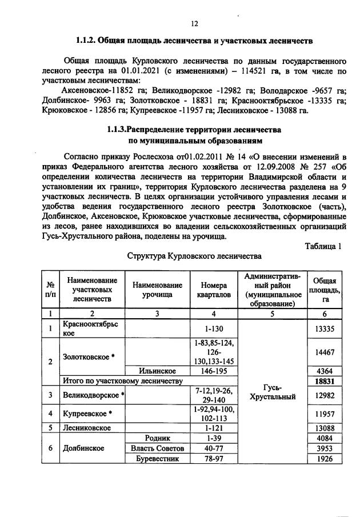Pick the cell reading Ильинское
[x=157, y=370]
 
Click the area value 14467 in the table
[x=324, y=351]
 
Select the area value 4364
[x=324, y=370]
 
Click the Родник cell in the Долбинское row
[x=157, y=438]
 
